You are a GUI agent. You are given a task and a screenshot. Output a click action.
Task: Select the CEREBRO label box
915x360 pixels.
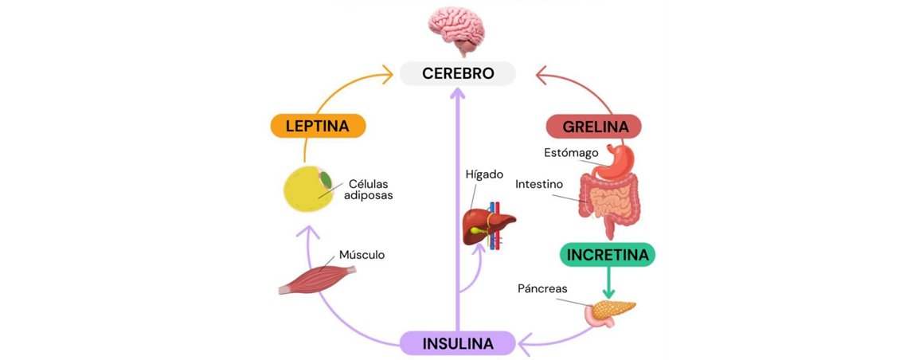pyautogui.click(x=458, y=73)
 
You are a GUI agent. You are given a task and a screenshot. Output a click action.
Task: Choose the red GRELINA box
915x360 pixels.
pyautogui.click(x=594, y=126)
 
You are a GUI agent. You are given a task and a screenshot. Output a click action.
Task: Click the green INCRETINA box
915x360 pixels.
pyautogui.click(x=608, y=254)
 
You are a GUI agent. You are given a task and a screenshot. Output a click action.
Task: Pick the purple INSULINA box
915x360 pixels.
pyautogui.click(x=458, y=344)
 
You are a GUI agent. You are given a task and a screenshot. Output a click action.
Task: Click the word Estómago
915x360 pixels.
pyautogui.click(x=571, y=152)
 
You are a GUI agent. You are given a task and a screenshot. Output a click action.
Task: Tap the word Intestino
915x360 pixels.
pyautogui.click(x=539, y=184)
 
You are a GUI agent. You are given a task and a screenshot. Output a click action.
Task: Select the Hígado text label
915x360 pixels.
pyautogui.click(x=485, y=174)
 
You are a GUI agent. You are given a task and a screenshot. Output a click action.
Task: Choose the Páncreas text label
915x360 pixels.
pyautogui.click(x=542, y=288)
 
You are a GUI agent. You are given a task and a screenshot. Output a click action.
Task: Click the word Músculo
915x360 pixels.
pyautogui.click(x=362, y=255)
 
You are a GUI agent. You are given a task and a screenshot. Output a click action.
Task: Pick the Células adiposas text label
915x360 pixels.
pyautogui.click(x=369, y=190)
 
